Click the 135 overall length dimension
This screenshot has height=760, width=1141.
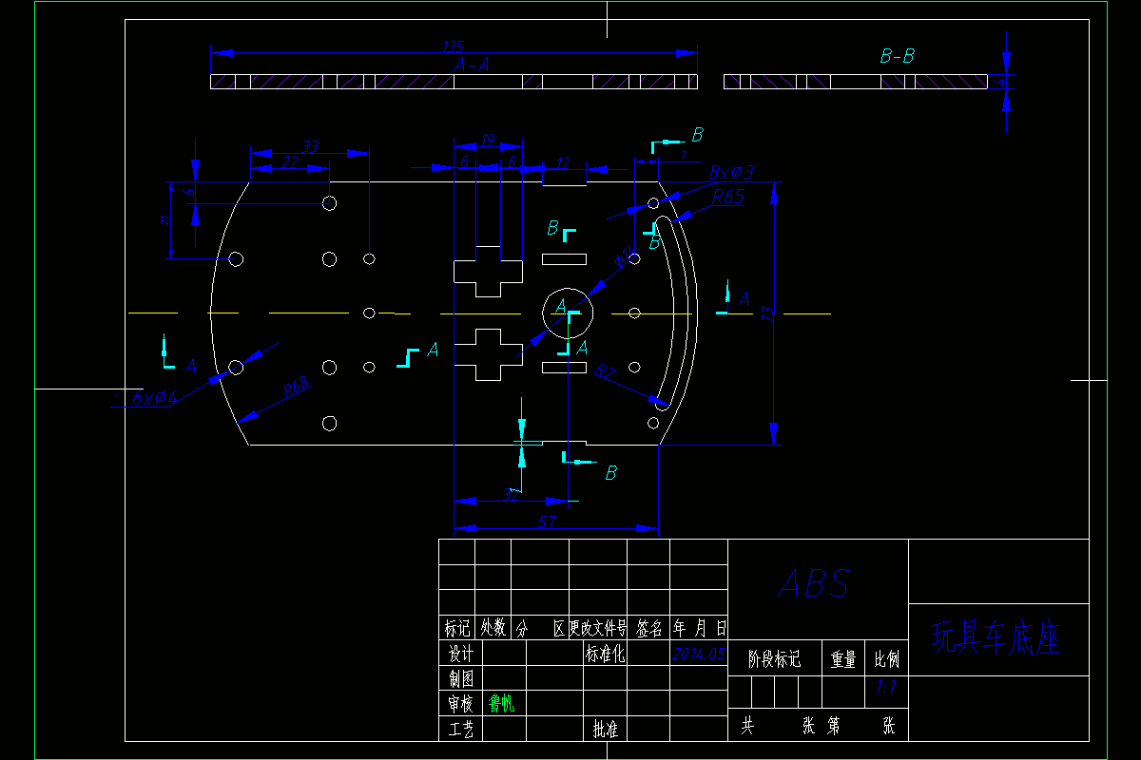click(x=454, y=47)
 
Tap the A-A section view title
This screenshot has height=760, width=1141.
click(x=473, y=65)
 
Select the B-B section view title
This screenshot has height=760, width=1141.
click(x=897, y=57)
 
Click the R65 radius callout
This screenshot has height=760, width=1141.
click(x=728, y=197)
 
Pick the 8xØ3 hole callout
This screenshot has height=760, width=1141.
click(x=731, y=173)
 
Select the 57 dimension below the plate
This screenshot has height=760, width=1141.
click(x=548, y=522)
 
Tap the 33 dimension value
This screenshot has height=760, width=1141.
click(x=311, y=146)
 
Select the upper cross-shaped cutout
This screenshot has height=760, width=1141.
click(x=488, y=271)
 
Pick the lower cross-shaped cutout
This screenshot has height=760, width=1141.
click(x=488, y=354)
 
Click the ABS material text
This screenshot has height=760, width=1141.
click(x=815, y=583)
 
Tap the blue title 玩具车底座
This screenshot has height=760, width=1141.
click(x=996, y=638)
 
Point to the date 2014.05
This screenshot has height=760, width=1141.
click(x=699, y=654)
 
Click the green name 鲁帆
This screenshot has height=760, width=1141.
click(x=501, y=704)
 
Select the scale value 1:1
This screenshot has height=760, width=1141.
click(x=886, y=686)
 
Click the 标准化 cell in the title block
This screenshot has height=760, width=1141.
click(x=605, y=654)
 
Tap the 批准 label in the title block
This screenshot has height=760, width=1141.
click(x=605, y=729)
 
